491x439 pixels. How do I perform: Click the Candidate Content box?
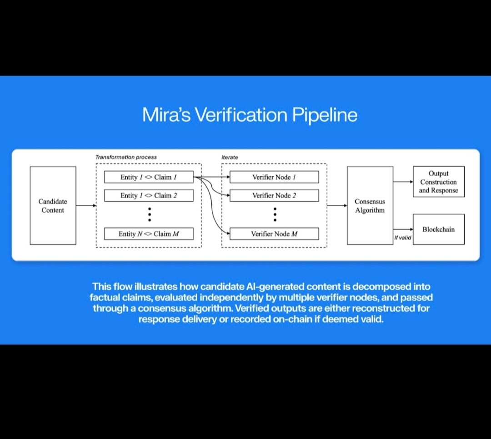point(53,205)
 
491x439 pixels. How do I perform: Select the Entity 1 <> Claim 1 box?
point(149,177)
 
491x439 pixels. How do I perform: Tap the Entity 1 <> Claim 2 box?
point(149,196)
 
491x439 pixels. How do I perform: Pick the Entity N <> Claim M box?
point(149,234)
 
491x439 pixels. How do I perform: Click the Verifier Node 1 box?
point(274,177)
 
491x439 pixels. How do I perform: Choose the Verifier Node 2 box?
point(274,196)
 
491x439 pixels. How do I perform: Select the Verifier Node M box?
point(274,234)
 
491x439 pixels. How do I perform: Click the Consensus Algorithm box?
point(370,205)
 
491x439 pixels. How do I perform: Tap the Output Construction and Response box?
point(438,182)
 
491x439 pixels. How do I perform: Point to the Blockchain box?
point(438,229)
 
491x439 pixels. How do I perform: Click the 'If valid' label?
point(402,238)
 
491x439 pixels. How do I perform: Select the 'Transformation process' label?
point(126,157)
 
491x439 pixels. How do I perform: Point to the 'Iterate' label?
point(230,157)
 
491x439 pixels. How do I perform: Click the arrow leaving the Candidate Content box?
point(86,205)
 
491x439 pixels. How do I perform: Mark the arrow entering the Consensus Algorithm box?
point(337,205)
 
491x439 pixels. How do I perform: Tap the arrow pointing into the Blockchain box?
point(403,229)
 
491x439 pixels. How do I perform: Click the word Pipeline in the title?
point(324,115)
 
